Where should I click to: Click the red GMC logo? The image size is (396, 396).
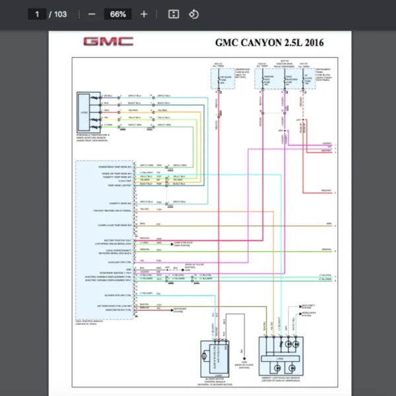[108, 42]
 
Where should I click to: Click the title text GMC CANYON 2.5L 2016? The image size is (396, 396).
[270, 43]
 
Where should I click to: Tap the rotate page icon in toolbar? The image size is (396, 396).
[193, 14]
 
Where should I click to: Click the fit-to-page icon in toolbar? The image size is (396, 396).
[174, 14]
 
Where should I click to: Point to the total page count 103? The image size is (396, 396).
[60, 14]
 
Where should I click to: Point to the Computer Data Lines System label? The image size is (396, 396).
[183, 244]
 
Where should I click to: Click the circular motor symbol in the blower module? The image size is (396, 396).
[205, 356]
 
